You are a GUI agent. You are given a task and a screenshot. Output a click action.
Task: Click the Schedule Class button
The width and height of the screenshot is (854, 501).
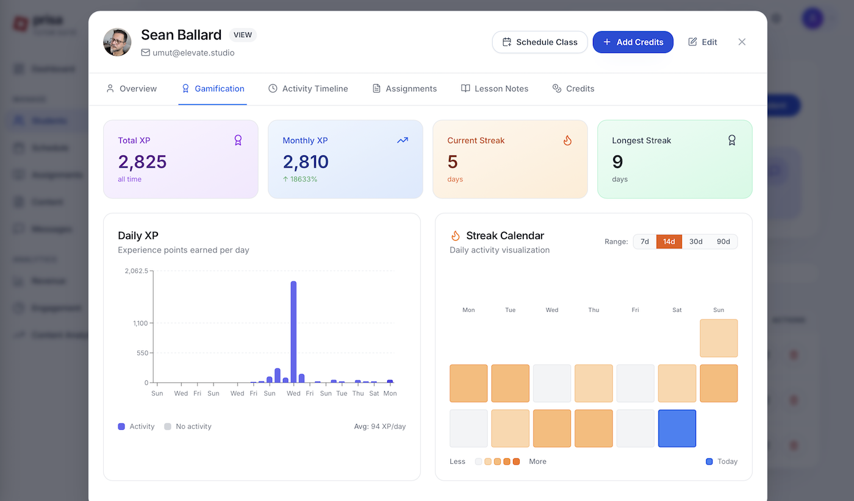(x=540, y=42)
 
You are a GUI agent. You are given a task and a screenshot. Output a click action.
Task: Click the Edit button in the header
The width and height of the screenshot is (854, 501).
(x=702, y=42)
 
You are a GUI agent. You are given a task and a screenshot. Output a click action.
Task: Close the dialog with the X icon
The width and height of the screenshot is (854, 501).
(x=742, y=42)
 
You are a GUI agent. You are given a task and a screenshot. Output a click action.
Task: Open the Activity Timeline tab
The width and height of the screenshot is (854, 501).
(x=308, y=88)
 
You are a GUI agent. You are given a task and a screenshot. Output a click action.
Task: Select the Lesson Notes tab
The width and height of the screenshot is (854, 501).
(x=495, y=88)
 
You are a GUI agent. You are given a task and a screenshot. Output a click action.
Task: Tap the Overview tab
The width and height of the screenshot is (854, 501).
(x=132, y=88)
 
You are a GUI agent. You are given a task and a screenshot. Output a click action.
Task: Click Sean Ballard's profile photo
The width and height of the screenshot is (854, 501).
(x=118, y=42)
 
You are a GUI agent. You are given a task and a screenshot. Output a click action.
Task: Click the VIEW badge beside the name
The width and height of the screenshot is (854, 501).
(x=243, y=35)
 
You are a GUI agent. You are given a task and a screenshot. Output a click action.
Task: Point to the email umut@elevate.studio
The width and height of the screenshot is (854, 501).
(x=193, y=53)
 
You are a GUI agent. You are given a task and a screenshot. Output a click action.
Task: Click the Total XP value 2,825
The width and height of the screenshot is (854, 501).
(x=142, y=162)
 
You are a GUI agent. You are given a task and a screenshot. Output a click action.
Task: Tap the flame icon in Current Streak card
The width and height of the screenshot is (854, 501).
(x=567, y=140)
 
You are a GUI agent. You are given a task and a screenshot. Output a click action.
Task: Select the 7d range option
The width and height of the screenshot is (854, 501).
(x=645, y=241)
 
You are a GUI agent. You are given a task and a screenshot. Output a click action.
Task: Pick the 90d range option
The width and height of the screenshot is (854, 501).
(x=723, y=241)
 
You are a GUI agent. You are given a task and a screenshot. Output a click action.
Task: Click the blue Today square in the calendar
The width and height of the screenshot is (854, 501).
(x=677, y=428)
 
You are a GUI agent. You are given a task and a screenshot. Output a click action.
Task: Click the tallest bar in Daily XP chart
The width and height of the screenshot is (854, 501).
(x=293, y=332)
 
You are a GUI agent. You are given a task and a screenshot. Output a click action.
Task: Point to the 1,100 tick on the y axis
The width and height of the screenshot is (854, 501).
(x=140, y=323)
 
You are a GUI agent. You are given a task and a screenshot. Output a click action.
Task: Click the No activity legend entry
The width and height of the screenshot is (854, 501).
(x=188, y=427)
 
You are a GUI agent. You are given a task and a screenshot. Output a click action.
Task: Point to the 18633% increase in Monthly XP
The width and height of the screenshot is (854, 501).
(x=300, y=179)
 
